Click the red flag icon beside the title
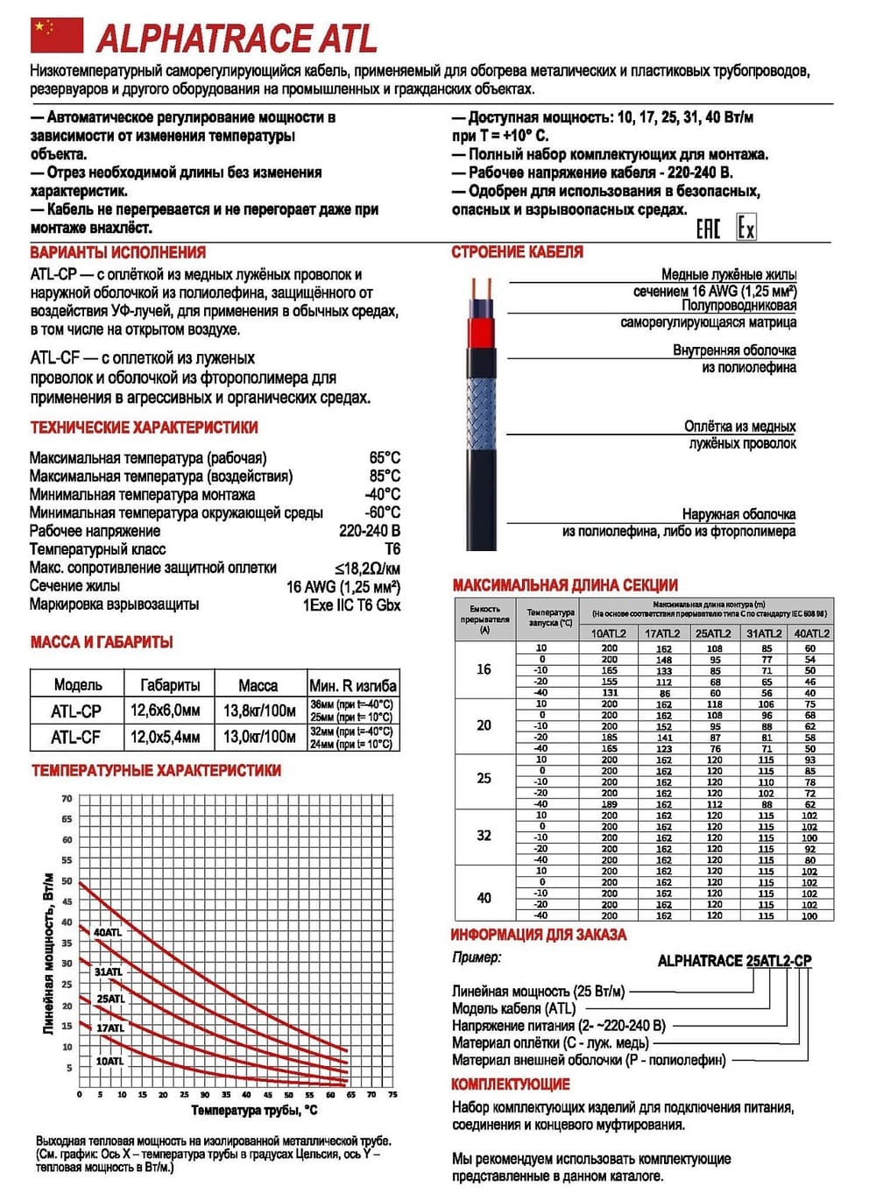click(x=57, y=36)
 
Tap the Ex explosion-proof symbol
click(x=745, y=228)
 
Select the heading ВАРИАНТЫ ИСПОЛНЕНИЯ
click(x=118, y=252)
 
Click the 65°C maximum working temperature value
click(x=385, y=457)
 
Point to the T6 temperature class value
click(x=392, y=549)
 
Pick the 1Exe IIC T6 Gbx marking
click(x=351, y=604)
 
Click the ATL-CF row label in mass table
click(x=76, y=738)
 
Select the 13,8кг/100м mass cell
click(x=258, y=710)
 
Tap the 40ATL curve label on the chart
click(x=108, y=933)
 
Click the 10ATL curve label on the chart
click(x=109, y=1061)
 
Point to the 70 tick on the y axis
click(x=67, y=799)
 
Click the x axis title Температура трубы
click(x=254, y=1111)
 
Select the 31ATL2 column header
click(x=764, y=633)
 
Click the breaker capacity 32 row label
click(x=484, y=836)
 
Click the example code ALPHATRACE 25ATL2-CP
click(x=734, y=961)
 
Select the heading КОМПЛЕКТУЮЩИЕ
click(x=510, y=1084)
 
